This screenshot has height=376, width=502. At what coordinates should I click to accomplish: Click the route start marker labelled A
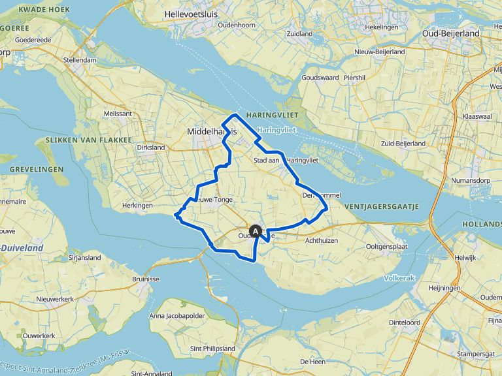tap(256, 230)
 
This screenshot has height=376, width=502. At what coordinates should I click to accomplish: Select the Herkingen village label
tap(137, 206)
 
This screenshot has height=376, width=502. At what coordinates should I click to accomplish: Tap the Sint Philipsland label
tap(212, 349)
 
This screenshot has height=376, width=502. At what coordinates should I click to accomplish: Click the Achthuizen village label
tap(320, 240)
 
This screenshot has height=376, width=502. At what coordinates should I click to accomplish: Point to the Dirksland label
tap(151, 148)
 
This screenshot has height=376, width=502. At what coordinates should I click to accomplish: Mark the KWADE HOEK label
tap(46, 10)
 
